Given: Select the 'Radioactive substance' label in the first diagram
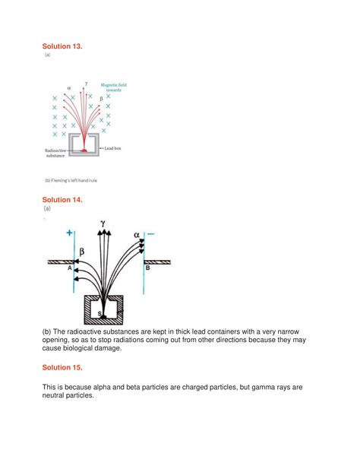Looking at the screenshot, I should (x=55, y=153).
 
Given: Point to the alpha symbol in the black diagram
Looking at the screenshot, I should (x=137, y=235).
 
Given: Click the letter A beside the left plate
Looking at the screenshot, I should (x=69, y=268).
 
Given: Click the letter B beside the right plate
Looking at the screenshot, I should (x=147, y=268).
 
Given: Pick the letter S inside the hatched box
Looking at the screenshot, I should (x=99, y=311).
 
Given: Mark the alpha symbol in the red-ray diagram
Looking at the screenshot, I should (x=69, y=89).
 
